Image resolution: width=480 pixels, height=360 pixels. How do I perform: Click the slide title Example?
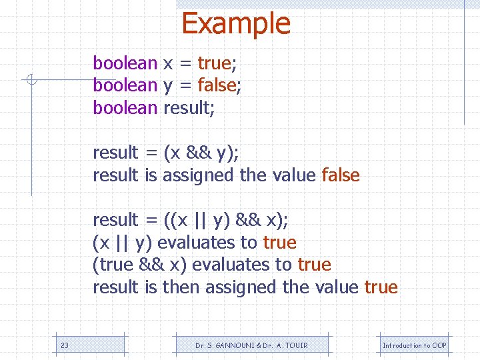[x=236, y=23]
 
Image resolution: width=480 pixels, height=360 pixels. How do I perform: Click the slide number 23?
[x=65, y=345]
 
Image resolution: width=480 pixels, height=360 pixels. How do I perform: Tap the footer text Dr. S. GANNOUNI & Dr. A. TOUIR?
[x=251, y=345]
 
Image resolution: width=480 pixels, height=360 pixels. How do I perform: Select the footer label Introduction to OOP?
[x=415, y=345]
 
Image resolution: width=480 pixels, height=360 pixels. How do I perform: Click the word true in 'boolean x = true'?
[x=214, y=63]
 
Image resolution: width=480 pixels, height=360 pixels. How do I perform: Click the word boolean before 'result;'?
[x=125, y=107]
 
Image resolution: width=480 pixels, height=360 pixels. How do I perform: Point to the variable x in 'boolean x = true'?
[x=169, y=63]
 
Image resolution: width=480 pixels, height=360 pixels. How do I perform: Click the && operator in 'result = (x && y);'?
[x=199, y=153]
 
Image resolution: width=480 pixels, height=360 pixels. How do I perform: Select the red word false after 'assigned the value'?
[x=341, y=175]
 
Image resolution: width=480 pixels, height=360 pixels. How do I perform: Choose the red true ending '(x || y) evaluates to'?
[x=280, y=243]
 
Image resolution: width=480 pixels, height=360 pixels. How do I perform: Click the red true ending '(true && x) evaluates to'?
[x=315, y=265]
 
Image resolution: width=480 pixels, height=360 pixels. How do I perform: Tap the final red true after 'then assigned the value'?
[x=381, y=287]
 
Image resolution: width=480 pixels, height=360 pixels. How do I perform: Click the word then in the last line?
[x=181, y=287]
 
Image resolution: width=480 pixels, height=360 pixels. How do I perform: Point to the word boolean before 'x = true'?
[x=125, y=63]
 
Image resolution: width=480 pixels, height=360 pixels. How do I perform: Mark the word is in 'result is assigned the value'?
[x=150, y=175]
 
